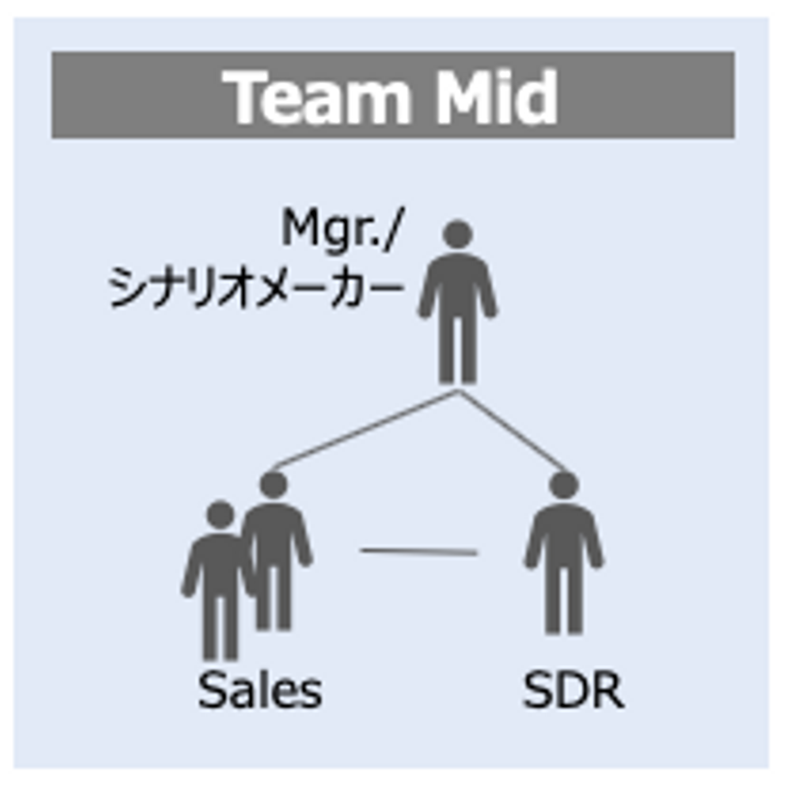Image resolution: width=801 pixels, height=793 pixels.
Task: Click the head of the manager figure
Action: click(x=458, y=234)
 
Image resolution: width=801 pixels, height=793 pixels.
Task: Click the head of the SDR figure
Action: click(x=563, y=485)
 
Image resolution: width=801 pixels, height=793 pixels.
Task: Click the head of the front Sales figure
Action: click(x=220, y=515)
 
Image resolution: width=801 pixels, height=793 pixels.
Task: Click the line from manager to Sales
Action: click(x=364, y=429)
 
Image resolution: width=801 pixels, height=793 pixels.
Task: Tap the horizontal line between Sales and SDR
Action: click(x=418, y=552)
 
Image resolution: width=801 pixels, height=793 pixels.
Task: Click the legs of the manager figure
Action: click(x=458, y=350)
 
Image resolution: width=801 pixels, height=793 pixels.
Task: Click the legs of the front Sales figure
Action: click(x=220, y=628)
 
